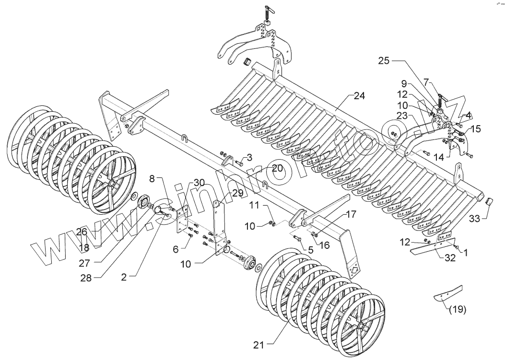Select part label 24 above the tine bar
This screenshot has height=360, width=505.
click(x=359, y=96)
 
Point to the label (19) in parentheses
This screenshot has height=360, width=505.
click(x=458, y=309)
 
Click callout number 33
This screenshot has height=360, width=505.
click(x=474, y=219)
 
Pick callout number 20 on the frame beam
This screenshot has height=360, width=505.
click(x=277, y=168)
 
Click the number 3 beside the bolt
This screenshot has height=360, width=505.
click(x=249, y=157)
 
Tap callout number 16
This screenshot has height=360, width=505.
click(x=325, y=245)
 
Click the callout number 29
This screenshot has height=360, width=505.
click(x=238, y=193)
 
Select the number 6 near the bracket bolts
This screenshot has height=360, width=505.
click(x=175, y=250)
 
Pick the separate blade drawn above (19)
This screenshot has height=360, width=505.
click(x=448, y=293)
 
